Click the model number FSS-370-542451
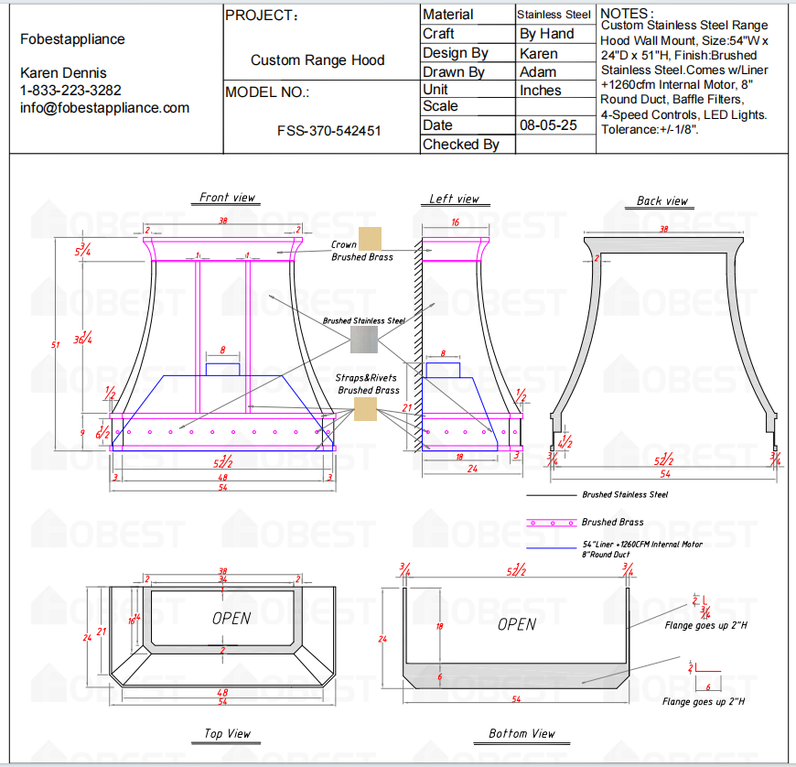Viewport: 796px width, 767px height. [x=328, y=130]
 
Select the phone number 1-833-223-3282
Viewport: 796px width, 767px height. [x=70, y=90]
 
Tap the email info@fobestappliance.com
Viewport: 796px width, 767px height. [x=104, y=107]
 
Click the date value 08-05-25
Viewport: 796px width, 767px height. [x=548, y=125]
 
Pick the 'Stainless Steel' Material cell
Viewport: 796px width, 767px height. [x=554, y=15]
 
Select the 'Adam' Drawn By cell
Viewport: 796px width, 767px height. [x=538, y=71]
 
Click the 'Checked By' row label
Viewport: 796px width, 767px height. [x=461, y=144]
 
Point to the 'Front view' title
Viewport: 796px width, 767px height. [x=228, y=198]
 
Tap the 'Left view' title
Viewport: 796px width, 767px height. [x=454, y=199]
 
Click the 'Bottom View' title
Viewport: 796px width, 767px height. [x=522, y=733]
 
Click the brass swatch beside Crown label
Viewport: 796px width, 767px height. [x=370, y=239]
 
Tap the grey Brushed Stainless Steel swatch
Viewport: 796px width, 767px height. [x=363, y=340]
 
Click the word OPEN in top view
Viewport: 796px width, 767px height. [x=231, y=618]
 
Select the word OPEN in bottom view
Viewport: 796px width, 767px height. [x=517, y=624]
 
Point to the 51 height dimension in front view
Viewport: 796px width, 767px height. [x=55, y=344]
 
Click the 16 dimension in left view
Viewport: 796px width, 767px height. [x=455, y=222]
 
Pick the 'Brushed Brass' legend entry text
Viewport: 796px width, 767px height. [x=612, y=522]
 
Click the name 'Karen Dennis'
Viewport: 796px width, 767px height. [x=63, y=72]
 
